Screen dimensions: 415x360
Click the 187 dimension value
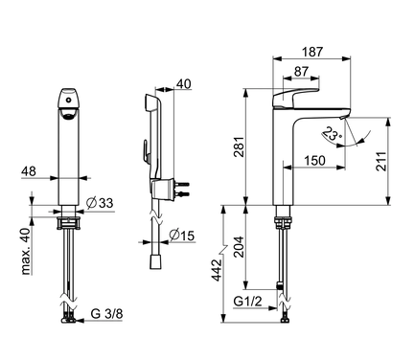(x=312, y=52)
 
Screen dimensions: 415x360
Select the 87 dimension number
(x=301, y=71)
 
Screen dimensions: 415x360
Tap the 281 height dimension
(x=239, y=146)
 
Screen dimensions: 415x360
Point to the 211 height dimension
(x=380, y=162)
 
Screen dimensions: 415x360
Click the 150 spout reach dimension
(x=314, y=161)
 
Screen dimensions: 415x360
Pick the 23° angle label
(x=333, y=134)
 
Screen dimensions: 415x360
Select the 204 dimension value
(x=239, y=247)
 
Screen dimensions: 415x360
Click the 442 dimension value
(x=218, y=270)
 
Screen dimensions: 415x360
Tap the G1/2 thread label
(x=247, y=301)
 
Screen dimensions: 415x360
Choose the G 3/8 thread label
(x=106, y=314)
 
